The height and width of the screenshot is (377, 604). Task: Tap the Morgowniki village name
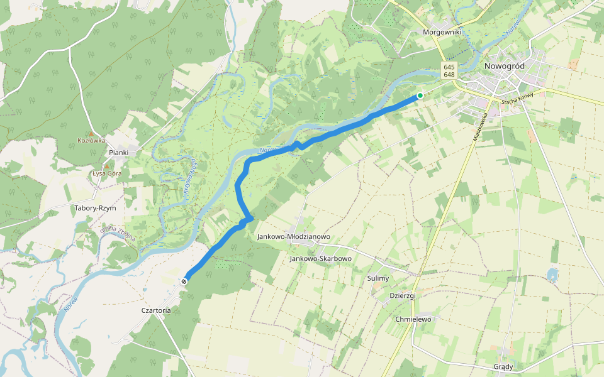pyautogui.click(x=443, y=31)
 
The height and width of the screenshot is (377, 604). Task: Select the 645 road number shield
pyautogui.click(x=449, y=67)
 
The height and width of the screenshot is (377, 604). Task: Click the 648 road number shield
pyautogui.click(x=449, y=75)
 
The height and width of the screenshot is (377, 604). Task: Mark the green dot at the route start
pyautogui.click(x=420, y=96)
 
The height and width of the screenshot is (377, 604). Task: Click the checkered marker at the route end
pyautogui.click(x=184, y=281)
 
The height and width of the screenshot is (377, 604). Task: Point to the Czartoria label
pyautogui.click(x=156, y=310)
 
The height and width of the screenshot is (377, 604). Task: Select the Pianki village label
pyautogui.click(x=118, y=153)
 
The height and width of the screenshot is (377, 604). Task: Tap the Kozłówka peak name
pyautogui.click(x=91, y=141)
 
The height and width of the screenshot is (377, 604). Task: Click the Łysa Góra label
pyautogui.click(x=106, y=173)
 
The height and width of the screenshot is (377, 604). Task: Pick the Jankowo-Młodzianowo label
pyautogui.click(x=293, y=237)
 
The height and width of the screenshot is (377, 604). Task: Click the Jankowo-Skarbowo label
pyautogui.click(x=320, y=258)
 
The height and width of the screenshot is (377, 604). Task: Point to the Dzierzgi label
pyautogui.click(x=403, y=295)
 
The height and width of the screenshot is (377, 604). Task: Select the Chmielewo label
pyautogui.click(x=413, y=319)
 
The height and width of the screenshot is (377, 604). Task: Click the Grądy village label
pyautogui.click(x=503, y=367)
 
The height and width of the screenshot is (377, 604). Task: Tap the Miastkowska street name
pyautogui.click(x=481, y=126)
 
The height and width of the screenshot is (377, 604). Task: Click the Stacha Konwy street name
pyautogui.click(x=517, y=98)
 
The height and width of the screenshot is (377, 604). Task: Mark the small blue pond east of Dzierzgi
pyautogui.click(x=552, y=275)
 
